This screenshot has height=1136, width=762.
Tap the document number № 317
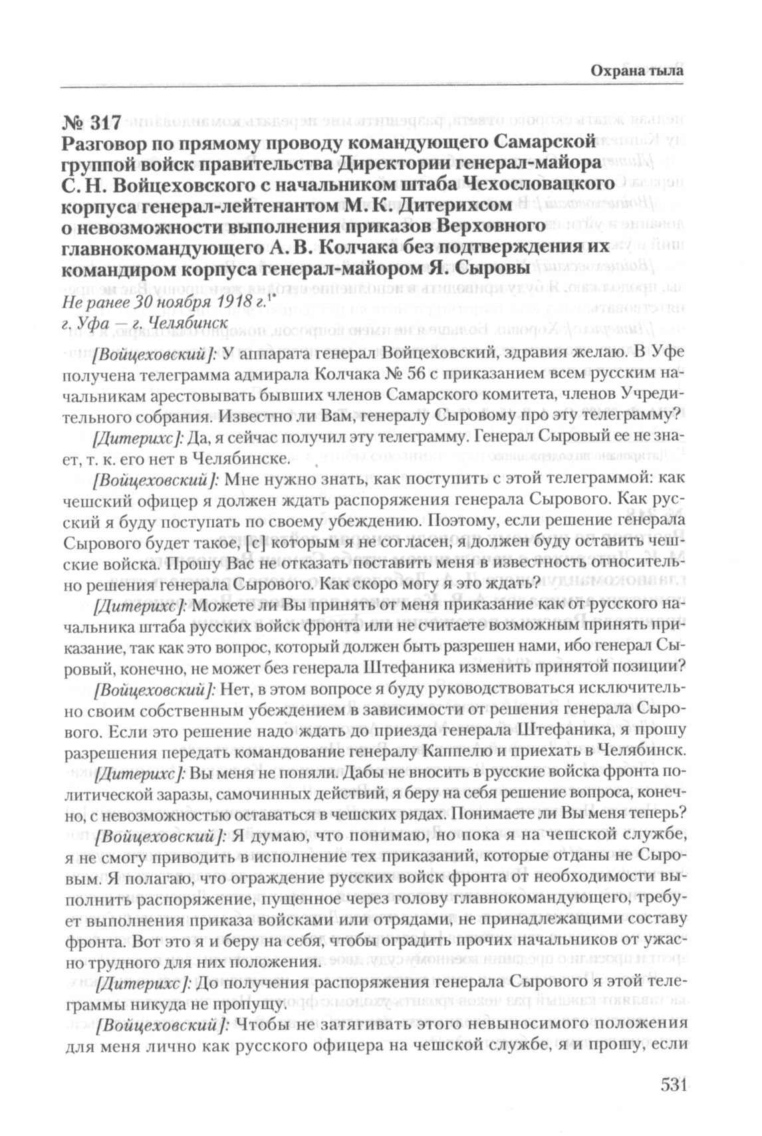[92, 122]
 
